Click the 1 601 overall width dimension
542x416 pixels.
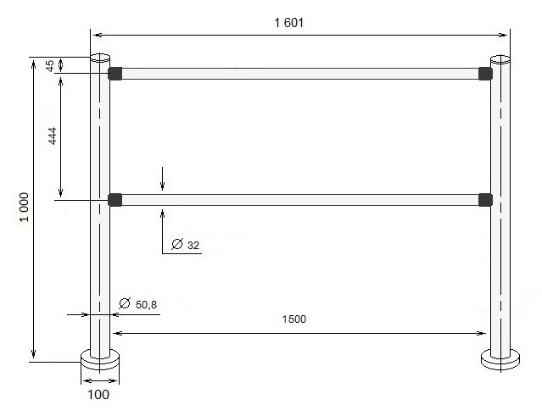pyautogui.click(x=289, y=23)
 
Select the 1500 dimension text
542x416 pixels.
pyautogui.click(x=294, y=319)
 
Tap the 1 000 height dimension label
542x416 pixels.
pyautogui.click(x=24, y=207)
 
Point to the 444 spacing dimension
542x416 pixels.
pyautogui.click(x=53, y=136)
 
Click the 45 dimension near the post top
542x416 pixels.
pyautogui.click(x=50, y=65)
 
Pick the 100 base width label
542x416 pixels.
pyautogui.click(x=98, y=394)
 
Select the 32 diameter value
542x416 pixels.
pyautogui.click(x=193, y=245)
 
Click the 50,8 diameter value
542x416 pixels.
pyautogui.click(x=146, y=304)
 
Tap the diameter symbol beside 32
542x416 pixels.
pyautogui.click(x=177, y=244)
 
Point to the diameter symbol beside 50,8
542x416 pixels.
pyautogui.click(x=125, y=303)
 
